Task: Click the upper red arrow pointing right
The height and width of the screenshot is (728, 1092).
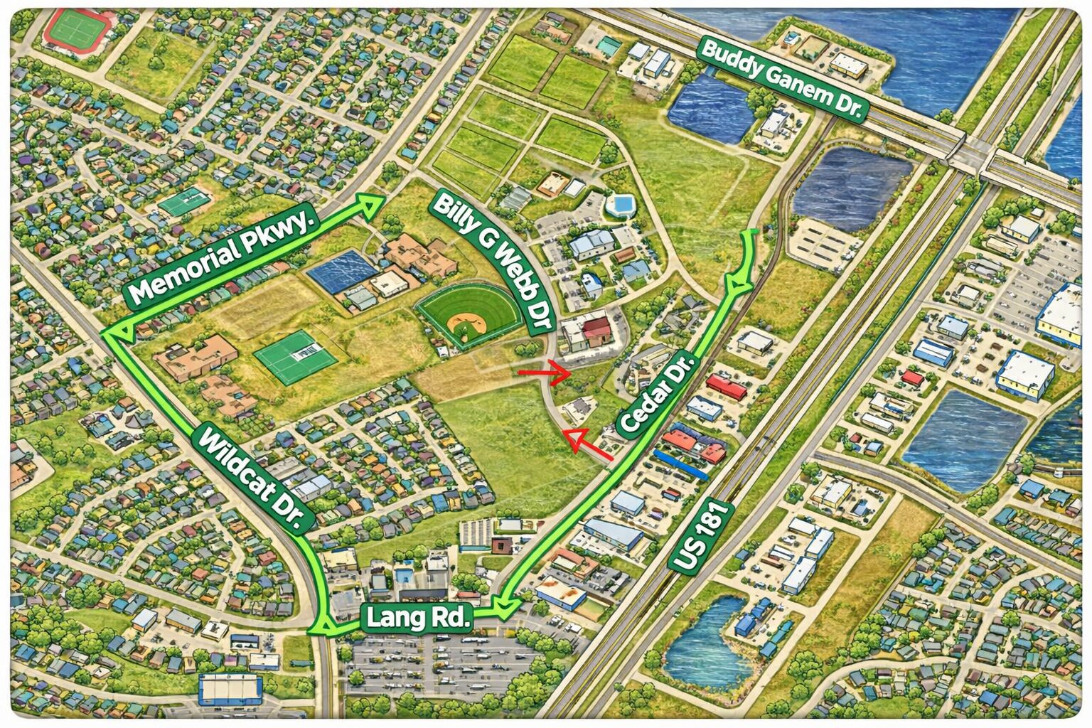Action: click(545, 372)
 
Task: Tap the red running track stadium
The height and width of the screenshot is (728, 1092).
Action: click(77, 30)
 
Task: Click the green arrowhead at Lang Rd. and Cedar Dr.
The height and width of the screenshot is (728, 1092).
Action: click(508, 606)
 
